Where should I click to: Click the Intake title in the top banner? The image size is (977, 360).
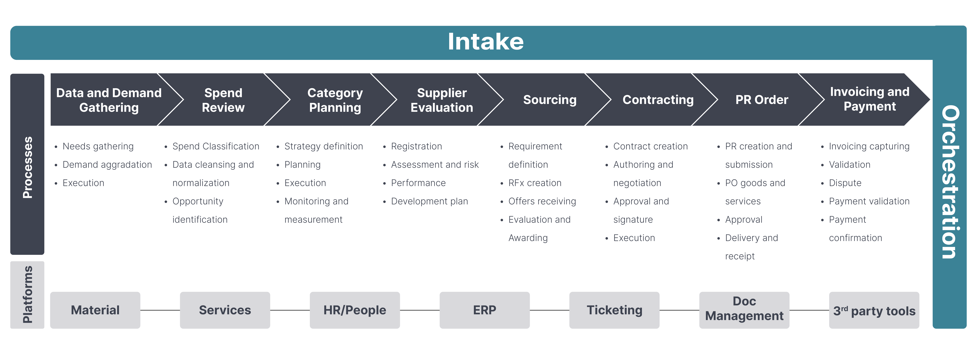pyautogui.click(x=485, y=42)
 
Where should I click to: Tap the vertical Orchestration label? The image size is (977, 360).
pyautogui.click(x=950, y=182)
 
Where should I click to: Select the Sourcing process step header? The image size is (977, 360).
pyautogui.click(x=550, y=100)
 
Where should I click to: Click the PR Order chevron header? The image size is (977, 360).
pyautogui.click(x=762, y=100)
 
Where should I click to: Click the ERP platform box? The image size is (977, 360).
pyautogui.click(x=484, y=310)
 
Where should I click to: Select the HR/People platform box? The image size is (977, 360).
pyautogui.click(x=355, y=310)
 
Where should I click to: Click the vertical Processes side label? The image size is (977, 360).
pyautogui.click(x=27, y=167)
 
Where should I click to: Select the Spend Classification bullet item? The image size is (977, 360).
pyautogui.click(x=215, y=146)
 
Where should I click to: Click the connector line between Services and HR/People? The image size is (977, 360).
pyautogui.click(x=290, y=310)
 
